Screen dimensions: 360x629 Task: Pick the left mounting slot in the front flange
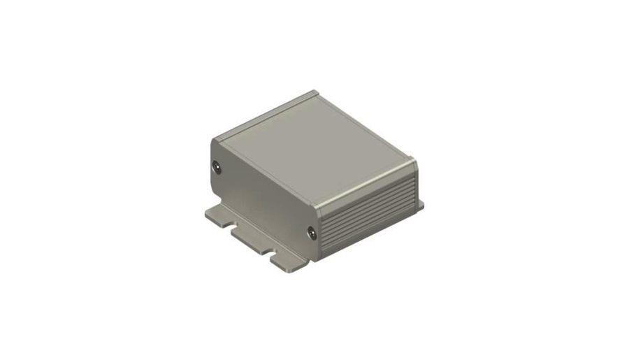(231, 226)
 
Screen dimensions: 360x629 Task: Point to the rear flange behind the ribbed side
(420, 205)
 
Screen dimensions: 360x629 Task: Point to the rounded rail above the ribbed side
(366, 185)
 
